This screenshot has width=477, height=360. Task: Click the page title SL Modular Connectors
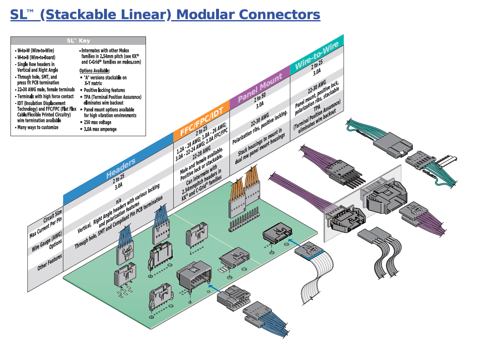tap(165, 15)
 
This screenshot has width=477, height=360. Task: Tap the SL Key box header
tap(78, 41)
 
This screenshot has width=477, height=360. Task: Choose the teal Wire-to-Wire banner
tap(316, 56)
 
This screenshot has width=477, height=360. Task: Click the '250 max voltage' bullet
tap(97, 122)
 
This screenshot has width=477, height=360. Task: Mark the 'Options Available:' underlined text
tap(94, 71)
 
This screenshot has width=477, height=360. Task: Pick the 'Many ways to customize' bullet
tap(37, 127)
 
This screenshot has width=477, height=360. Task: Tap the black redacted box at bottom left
tap(59, 336)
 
